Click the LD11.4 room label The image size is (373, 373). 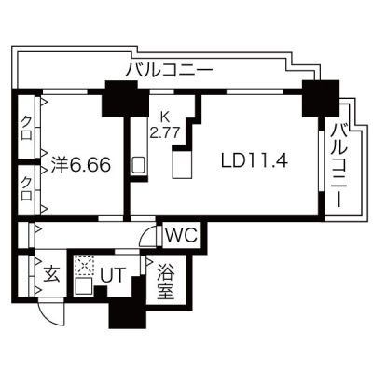point(254,161)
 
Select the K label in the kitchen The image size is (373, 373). point(165,117)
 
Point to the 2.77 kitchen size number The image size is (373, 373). point(165,133)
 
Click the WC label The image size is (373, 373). point(181,236)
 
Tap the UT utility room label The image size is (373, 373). point(112,275)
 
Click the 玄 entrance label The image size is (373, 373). point(51,274)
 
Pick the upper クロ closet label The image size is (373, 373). point(28,128)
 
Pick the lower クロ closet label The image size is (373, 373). point(28,188)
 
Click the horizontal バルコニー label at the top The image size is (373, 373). point(170,69)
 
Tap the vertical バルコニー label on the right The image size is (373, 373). point(338,165)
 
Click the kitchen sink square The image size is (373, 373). point(138,165)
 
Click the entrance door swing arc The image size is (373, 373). point(47,318)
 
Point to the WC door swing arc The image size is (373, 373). point(145,234)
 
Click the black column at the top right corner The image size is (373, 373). point(321,98)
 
